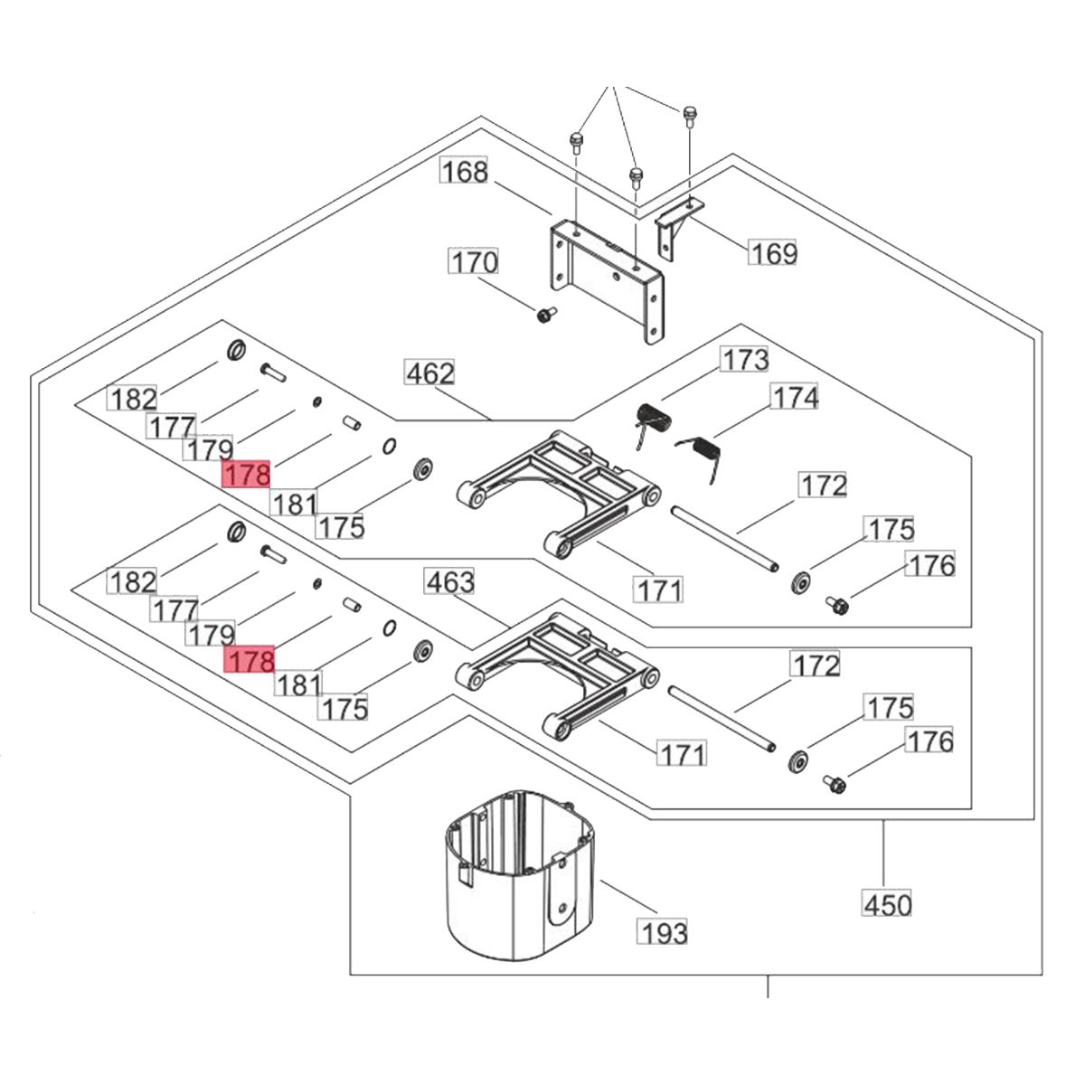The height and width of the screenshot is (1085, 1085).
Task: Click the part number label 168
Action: (465, 171)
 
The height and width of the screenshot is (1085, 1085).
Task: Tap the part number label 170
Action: (474, 262)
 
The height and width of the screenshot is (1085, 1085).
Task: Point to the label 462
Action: (430, 373)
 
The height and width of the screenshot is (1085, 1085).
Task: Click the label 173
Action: (745, 360)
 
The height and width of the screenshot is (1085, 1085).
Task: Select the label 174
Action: (795, 398)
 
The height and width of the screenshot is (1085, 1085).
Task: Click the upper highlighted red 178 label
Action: (247, 474)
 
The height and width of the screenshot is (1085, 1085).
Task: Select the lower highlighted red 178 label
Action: (250, 659)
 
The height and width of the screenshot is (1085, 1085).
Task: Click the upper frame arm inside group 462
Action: (558, 495)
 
